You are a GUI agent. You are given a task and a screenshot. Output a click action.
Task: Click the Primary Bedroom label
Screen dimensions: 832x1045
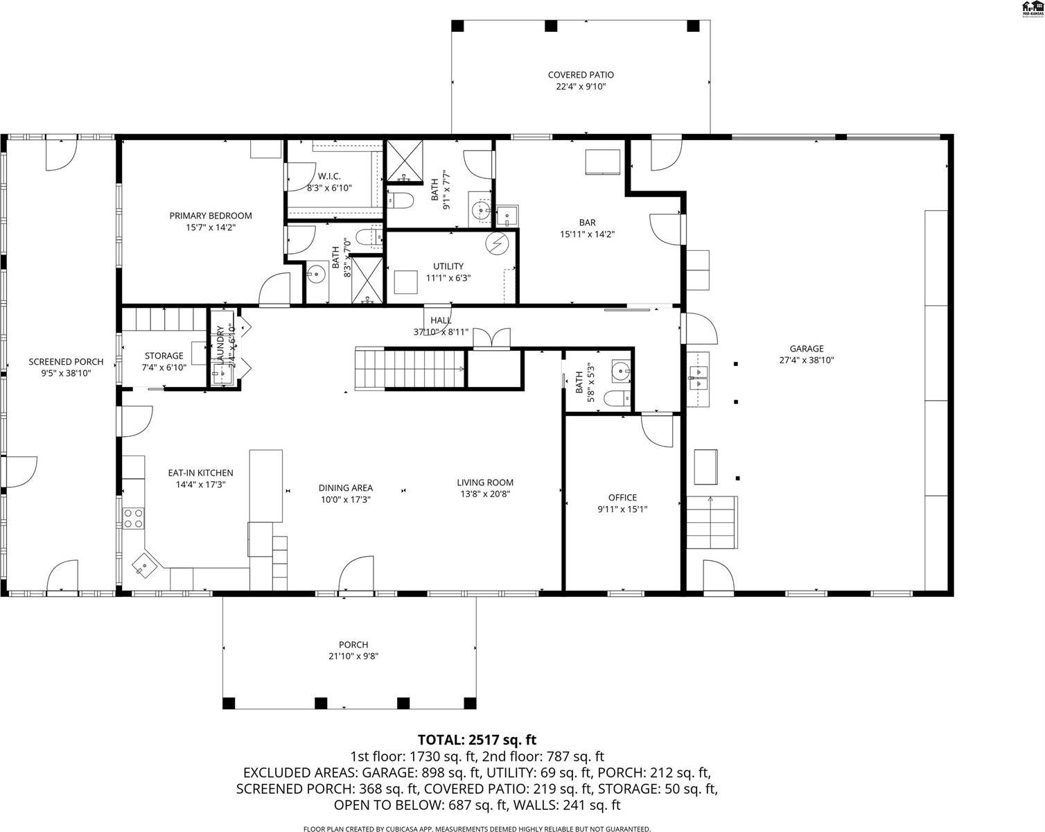(x=211, y=216)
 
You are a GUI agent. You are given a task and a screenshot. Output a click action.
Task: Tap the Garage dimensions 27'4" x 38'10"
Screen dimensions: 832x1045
(x=807, y=361)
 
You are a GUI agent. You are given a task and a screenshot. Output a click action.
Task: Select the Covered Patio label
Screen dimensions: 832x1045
(x=581, y=75)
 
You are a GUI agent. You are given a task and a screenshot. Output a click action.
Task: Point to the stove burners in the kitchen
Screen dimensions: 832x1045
(x=133, y=518)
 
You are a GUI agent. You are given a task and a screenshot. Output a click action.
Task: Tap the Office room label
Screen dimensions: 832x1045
(x=622, y=498)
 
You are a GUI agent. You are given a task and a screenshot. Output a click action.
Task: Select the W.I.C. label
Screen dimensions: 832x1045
(x=329, y=176)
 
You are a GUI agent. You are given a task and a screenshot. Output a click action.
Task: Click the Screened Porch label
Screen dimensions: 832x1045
(x=66, y=362)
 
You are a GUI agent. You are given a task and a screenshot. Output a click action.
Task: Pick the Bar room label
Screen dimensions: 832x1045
(x=587, y=223)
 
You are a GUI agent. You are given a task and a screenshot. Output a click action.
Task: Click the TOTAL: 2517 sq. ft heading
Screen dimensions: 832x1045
(x=477, y=740)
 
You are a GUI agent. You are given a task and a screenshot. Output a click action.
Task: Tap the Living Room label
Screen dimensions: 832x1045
(x=485, y=483)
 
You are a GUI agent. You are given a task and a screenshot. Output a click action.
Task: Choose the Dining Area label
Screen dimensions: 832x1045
(x=346, y=488)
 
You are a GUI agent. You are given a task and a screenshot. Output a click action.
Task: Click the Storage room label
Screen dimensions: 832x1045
(x=164, y=356)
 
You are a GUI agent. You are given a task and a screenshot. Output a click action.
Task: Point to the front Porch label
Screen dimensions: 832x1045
(x=353, y=645)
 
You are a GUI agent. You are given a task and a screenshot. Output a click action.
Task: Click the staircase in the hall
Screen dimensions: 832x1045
(x=409, y=369)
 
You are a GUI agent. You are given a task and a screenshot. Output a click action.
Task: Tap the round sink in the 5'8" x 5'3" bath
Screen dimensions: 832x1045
(x=622, y=370)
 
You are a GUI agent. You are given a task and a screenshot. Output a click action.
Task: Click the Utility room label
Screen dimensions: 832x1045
(x=448, y=266)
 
